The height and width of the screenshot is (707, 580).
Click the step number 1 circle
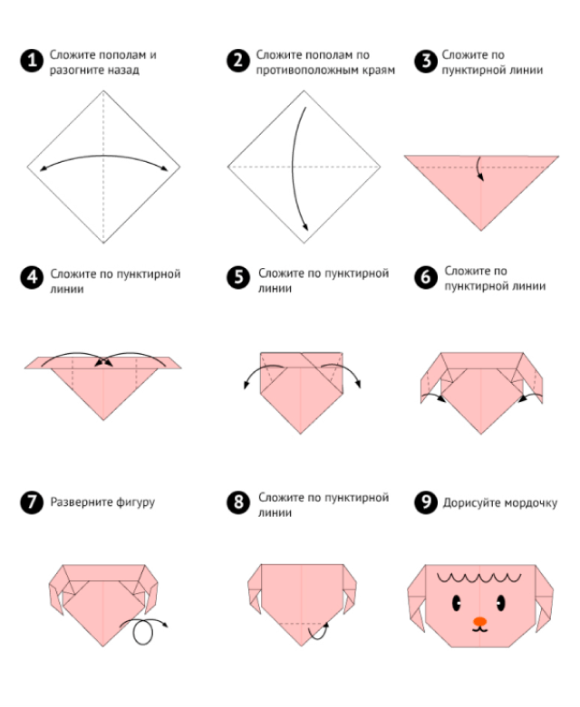tap(32, 61)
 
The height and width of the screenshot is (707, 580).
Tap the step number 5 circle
tap(238, 277)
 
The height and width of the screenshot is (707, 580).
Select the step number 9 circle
tap(426, 502)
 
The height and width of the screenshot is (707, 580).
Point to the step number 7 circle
tap(32, 502)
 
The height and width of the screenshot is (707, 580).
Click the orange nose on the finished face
tap(479, 622)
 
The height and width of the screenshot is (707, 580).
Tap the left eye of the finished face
tap(457, 602)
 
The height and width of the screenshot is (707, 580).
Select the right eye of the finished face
tap(500, 602)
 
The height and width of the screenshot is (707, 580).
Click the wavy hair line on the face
tap(478, 578)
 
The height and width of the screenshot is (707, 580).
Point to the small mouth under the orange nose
tap(479, 629)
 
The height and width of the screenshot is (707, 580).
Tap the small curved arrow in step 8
tap(318, 632)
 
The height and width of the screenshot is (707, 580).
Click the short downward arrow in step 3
tap(479, 168)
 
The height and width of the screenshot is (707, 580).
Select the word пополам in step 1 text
tap(121, 55)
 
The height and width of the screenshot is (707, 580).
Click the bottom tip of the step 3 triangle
tap(481, 231)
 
